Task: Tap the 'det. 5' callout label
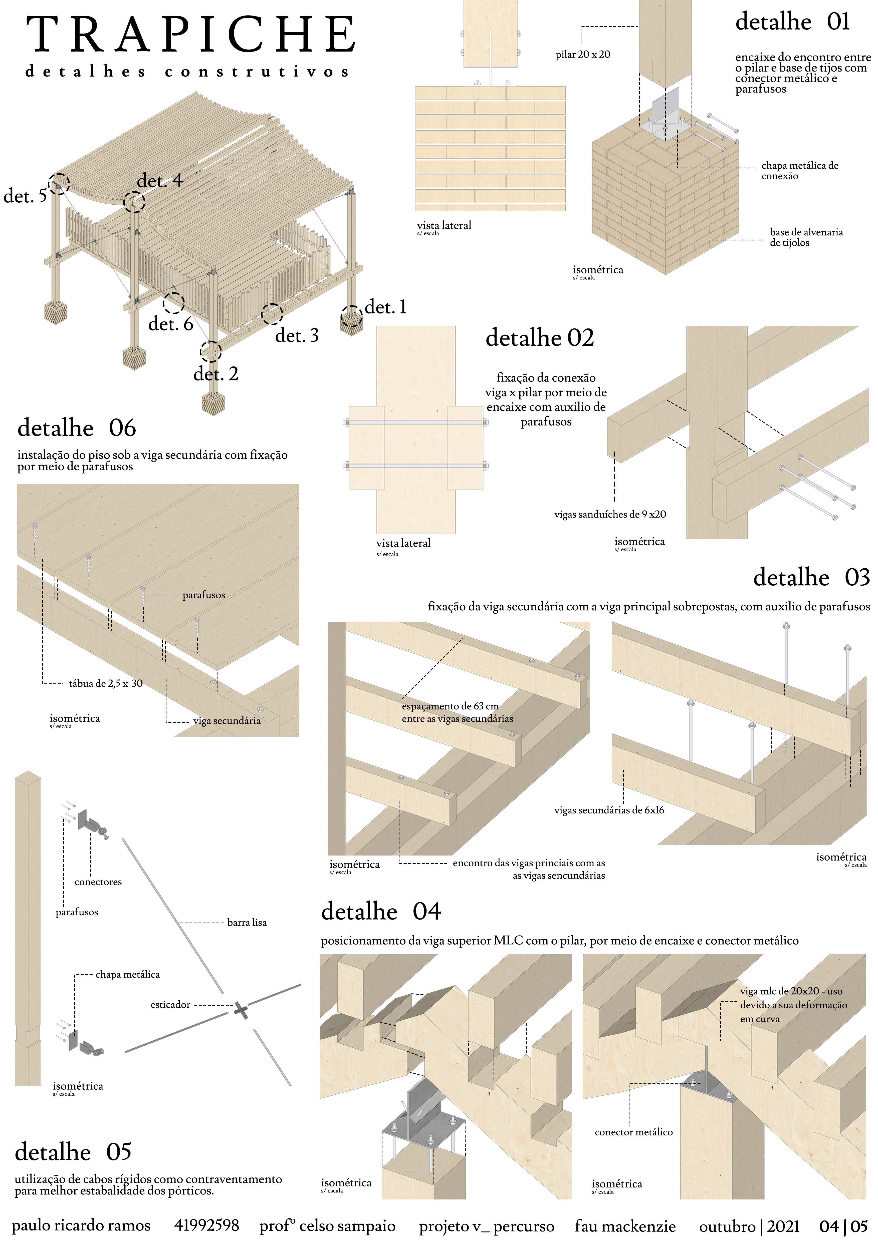coord(25,196)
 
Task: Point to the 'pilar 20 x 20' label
coord(583,55)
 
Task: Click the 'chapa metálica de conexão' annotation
coord(800,171)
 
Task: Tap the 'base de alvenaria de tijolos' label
coord(806,237)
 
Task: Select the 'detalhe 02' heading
coord(540,338)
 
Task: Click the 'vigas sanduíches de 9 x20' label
coord(610,515)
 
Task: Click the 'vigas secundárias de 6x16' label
coord(609,810)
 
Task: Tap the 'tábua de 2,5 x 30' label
coord(106,684)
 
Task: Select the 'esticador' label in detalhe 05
coord(170,1005)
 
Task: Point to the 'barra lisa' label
coord(247,923)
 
